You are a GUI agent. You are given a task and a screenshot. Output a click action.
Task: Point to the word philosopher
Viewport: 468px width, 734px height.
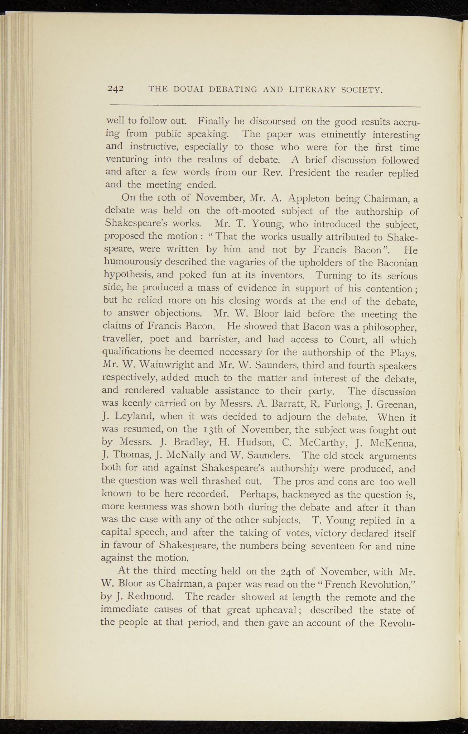pyautogui.click(x=388, y=327)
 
